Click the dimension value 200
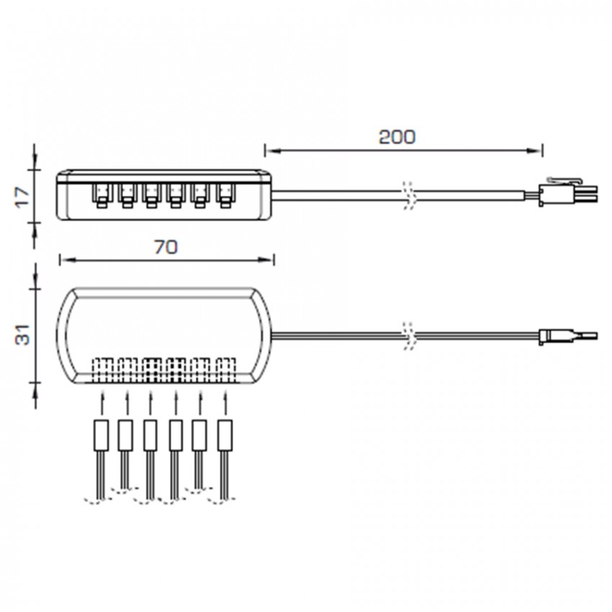397,137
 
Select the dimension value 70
166,247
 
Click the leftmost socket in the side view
102,196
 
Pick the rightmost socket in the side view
224,196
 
